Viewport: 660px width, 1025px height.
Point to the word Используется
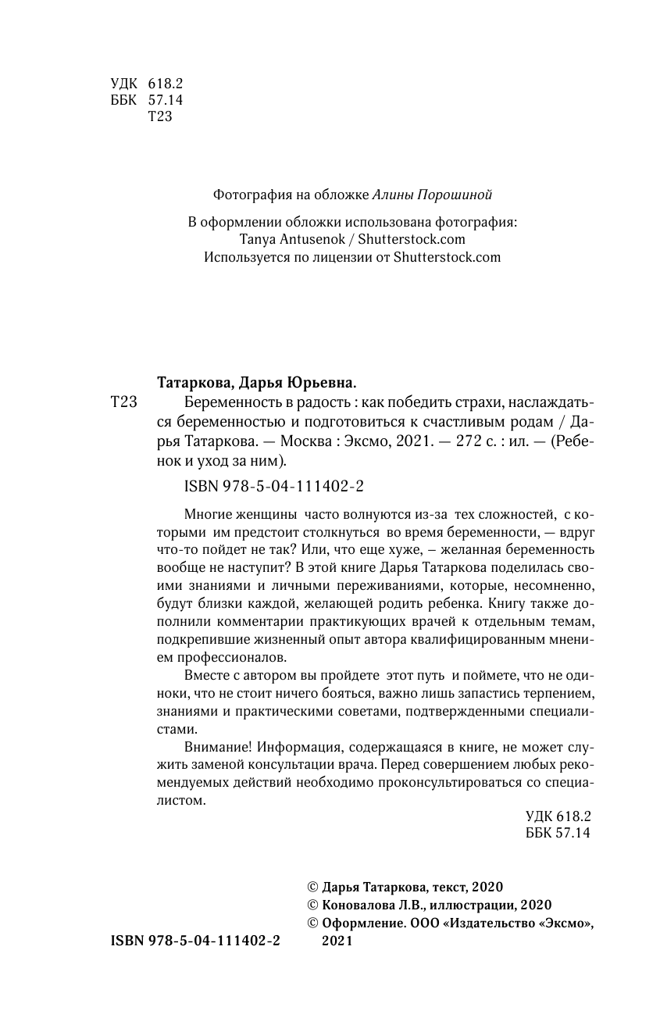tap(245, 257)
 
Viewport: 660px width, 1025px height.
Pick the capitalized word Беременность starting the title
tap(225, 403)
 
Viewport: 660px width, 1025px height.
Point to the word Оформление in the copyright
tap(359, 923)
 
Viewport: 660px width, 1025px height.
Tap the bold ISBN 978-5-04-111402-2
tap(191, 941)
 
